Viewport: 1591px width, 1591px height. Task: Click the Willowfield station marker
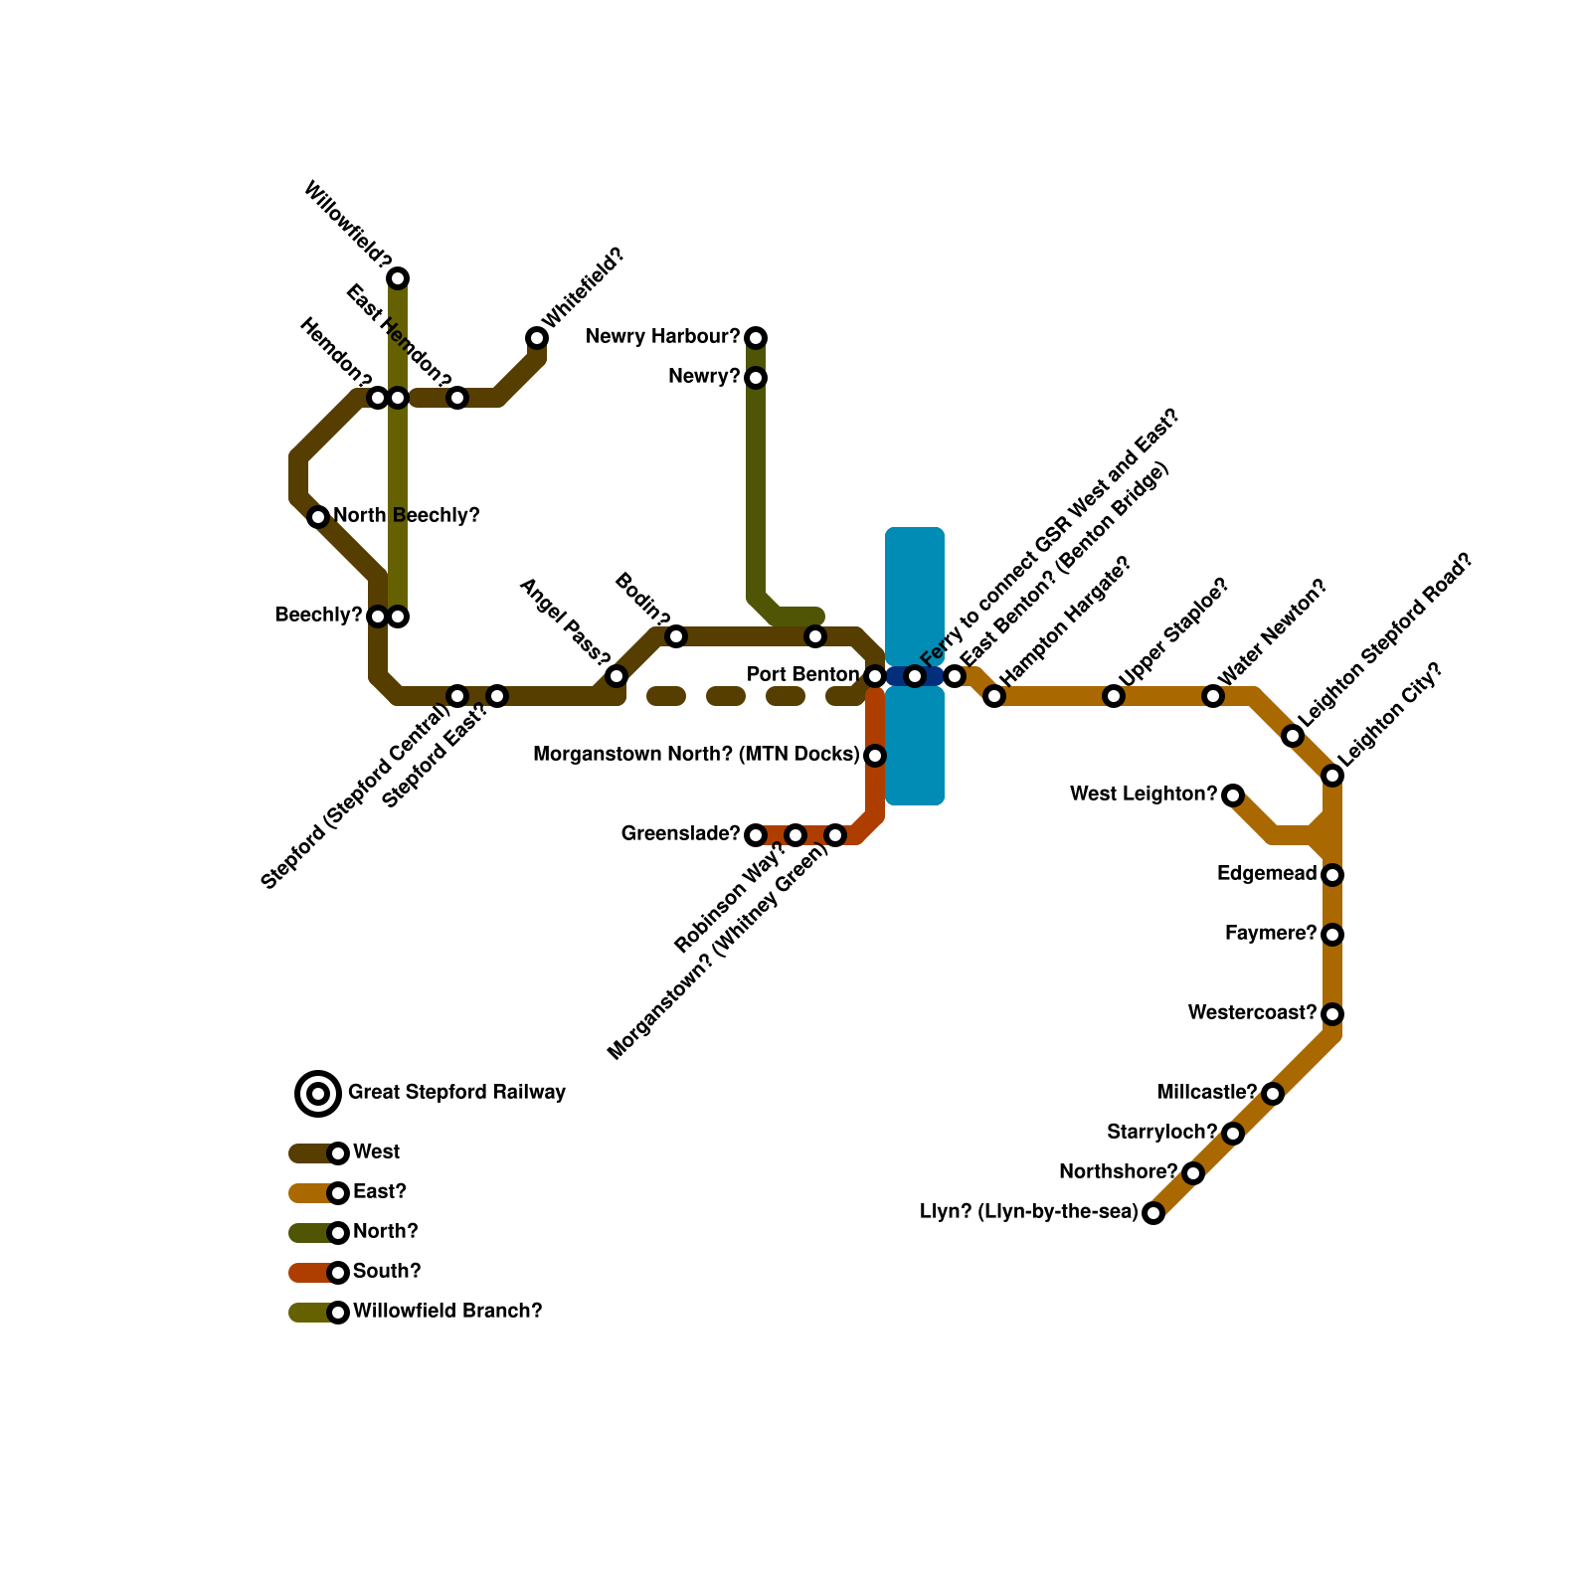click(x=398, y=278)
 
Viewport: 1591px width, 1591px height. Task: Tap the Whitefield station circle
click(x=537, y=338)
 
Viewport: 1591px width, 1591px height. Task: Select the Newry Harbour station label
click(x=662, y=337)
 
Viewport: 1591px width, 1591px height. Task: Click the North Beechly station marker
click(x=318, y=517)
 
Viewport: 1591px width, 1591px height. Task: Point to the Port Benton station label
click(x=802, y=675)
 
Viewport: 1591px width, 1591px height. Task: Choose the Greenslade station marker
click(x=756, y=835)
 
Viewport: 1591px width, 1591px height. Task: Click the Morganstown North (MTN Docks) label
click(x=696, y=755)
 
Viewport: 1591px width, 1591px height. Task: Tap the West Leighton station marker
click(x=1233, y=795)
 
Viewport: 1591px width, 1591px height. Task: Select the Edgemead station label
click(x=1267, y=874)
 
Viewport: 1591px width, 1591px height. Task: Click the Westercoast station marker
click(x=1332, y=1014)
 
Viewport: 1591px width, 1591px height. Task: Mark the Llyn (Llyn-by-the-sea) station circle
click(x=1153, y=1213)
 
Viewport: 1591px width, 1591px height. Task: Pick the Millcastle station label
click(x=1206, y=1093)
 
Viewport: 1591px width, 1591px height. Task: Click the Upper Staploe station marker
click(x=1114, y=696)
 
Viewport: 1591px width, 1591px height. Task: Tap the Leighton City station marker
click(x=1332, y=776)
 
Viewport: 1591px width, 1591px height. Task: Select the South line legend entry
click(x=386, y=1272)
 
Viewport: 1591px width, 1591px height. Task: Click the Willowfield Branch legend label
click(x=447, y=1312)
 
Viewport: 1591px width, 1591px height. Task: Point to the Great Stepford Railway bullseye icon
click(x=318, y=1094)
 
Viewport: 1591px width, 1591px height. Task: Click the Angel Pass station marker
click(x=617, y=676)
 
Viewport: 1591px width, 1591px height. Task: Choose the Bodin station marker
click(x=676, y=636)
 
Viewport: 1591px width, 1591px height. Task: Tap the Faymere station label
click(x=1271, y=934)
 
